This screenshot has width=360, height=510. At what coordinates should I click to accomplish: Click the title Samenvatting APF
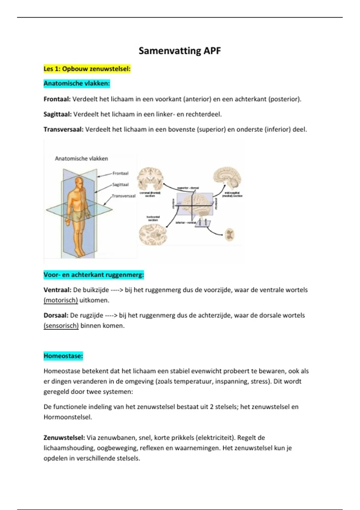[x=180, y=51]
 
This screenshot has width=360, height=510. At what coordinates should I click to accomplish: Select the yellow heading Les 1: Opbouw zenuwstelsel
[x=87, y=69]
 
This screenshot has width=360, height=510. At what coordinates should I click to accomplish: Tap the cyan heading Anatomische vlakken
[x=77, y=83]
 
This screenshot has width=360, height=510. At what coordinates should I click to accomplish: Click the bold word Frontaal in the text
[x=57, y=99]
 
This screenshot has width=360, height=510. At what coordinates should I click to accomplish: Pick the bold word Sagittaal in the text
[x=58, y=114]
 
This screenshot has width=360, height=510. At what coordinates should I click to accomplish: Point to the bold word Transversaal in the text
[x=63, y=130]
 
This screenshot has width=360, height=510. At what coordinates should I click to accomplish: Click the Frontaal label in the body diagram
[x=120, y=173]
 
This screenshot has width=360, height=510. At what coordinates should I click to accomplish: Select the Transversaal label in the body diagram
[x=124, y=196]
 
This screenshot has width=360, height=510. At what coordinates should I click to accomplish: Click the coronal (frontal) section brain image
[x=151, y=178]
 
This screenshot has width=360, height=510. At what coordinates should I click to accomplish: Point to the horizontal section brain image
[x=153, y=235]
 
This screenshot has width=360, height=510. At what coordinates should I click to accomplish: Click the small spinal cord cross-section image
[x=229, y=235]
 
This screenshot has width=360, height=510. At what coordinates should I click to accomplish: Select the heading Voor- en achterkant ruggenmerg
[x=94, y=275]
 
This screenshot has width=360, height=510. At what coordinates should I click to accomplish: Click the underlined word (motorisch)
[x=61, y=300]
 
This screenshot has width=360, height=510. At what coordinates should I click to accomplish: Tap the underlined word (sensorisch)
[x=61, y=325]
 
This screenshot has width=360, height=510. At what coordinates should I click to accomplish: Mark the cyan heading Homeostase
[x=63, y=356]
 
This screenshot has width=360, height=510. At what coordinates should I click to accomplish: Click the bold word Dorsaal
[x=56, y=315]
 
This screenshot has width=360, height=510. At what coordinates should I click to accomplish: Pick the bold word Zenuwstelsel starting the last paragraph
[x=64, y=438]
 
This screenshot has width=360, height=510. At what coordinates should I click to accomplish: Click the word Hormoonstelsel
[x=67, y=417]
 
